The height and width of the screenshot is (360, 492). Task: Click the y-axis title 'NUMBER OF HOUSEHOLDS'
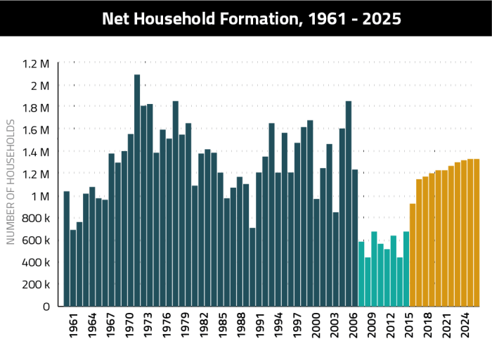[x=11, y=182]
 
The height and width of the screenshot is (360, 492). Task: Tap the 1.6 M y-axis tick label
[x=37, y=130]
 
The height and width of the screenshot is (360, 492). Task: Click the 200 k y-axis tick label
[x=37, y=284]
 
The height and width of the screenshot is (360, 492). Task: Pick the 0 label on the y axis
[x=46, y=307]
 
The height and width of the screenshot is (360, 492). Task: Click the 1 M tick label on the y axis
[x=40, y=196]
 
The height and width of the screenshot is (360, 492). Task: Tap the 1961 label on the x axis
[x=74, y=330]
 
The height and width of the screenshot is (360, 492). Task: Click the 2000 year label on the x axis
[x=316, y=330]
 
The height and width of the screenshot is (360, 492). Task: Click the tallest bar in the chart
[x=137, y=190]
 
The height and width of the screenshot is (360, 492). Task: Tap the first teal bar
[x=361, y=274]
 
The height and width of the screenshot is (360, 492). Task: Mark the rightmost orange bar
[x=477, y=232]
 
